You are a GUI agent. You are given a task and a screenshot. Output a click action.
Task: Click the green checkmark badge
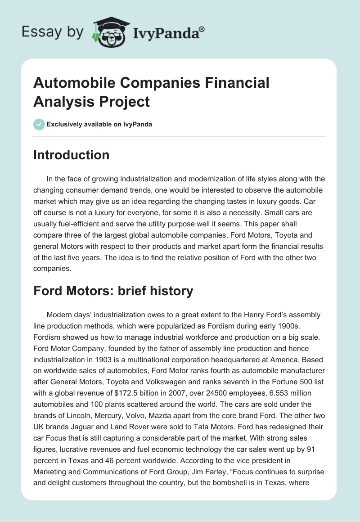pos(39,124)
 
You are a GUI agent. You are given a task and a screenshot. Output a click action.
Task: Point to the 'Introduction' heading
pos(72,155)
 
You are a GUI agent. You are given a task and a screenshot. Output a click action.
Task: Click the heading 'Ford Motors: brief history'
pos(113,291)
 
